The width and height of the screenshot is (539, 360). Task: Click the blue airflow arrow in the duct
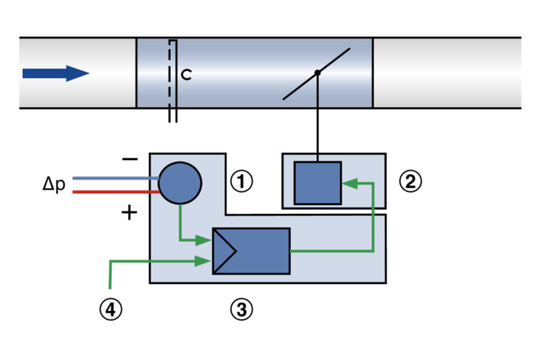pos(54,73)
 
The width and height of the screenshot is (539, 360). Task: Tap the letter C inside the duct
pos(186,74)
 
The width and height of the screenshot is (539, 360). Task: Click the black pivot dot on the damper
pos(318,73)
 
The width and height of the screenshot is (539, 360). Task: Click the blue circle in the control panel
pos(180,183)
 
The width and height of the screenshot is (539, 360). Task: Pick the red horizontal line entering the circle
pos(110,192)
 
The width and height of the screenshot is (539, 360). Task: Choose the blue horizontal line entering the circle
pos(110,178)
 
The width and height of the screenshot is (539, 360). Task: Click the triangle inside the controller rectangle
pos(224,251)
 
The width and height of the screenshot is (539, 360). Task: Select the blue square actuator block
pos(318,183)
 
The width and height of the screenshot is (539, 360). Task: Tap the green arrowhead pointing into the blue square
pos(350,184)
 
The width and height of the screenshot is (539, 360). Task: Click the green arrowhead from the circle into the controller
pos(203,240)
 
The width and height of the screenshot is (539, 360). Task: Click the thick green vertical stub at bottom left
pos(110,278)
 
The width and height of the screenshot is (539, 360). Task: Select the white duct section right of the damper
pos(447,73)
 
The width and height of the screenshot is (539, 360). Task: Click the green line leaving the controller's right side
pos(331,251)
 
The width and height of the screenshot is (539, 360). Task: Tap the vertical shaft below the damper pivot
pos(318,91)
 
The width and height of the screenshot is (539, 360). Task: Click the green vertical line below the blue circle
pos(180,222)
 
